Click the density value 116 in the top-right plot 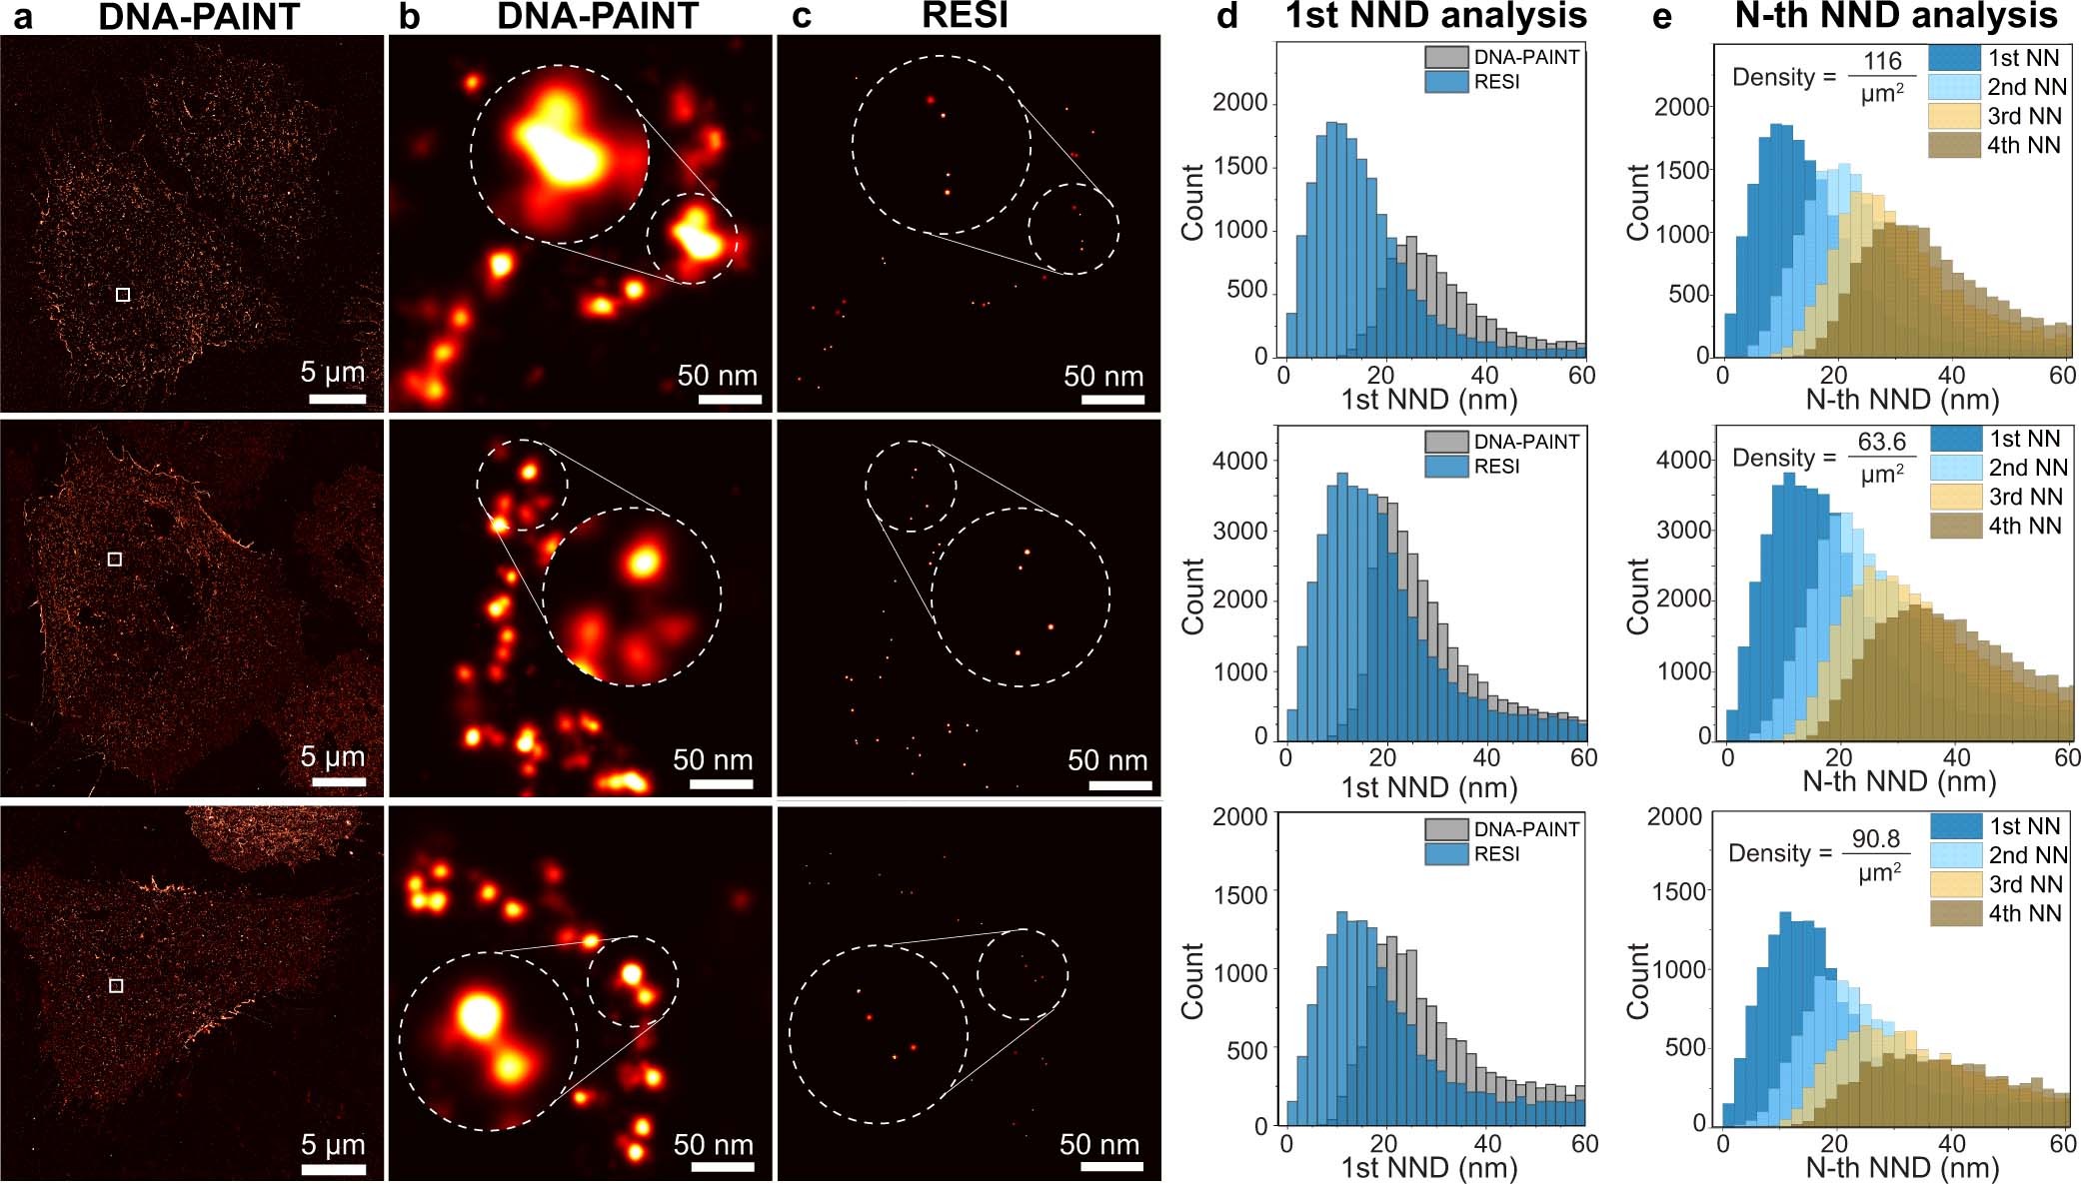coord(1882,61)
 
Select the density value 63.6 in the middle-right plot coord(1882,442)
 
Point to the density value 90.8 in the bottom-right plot coord(1875,838)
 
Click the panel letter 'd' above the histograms coord(1227,16)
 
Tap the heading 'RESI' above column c coord(965,15)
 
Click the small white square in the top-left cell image coord(123,295)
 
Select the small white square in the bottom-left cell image coord(116,986)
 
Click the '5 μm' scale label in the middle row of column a coord(333,756)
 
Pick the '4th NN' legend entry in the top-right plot coord(2023,145)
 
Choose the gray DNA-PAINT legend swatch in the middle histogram coord(1446,442)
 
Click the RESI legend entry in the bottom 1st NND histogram coord(1496,853)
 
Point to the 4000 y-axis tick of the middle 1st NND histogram coord(1239,462)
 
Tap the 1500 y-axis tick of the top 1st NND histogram coord(1239,166)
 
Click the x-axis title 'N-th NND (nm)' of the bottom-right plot coord(1902,1167)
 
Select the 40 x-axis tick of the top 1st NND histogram coord(1484,376)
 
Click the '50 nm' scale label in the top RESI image coord(1103,377)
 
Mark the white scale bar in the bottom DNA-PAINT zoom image coord(721,1167)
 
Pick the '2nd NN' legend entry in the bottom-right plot coord(2027,855)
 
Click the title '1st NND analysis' coord(1436,16)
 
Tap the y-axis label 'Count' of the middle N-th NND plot coord(1638,596)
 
